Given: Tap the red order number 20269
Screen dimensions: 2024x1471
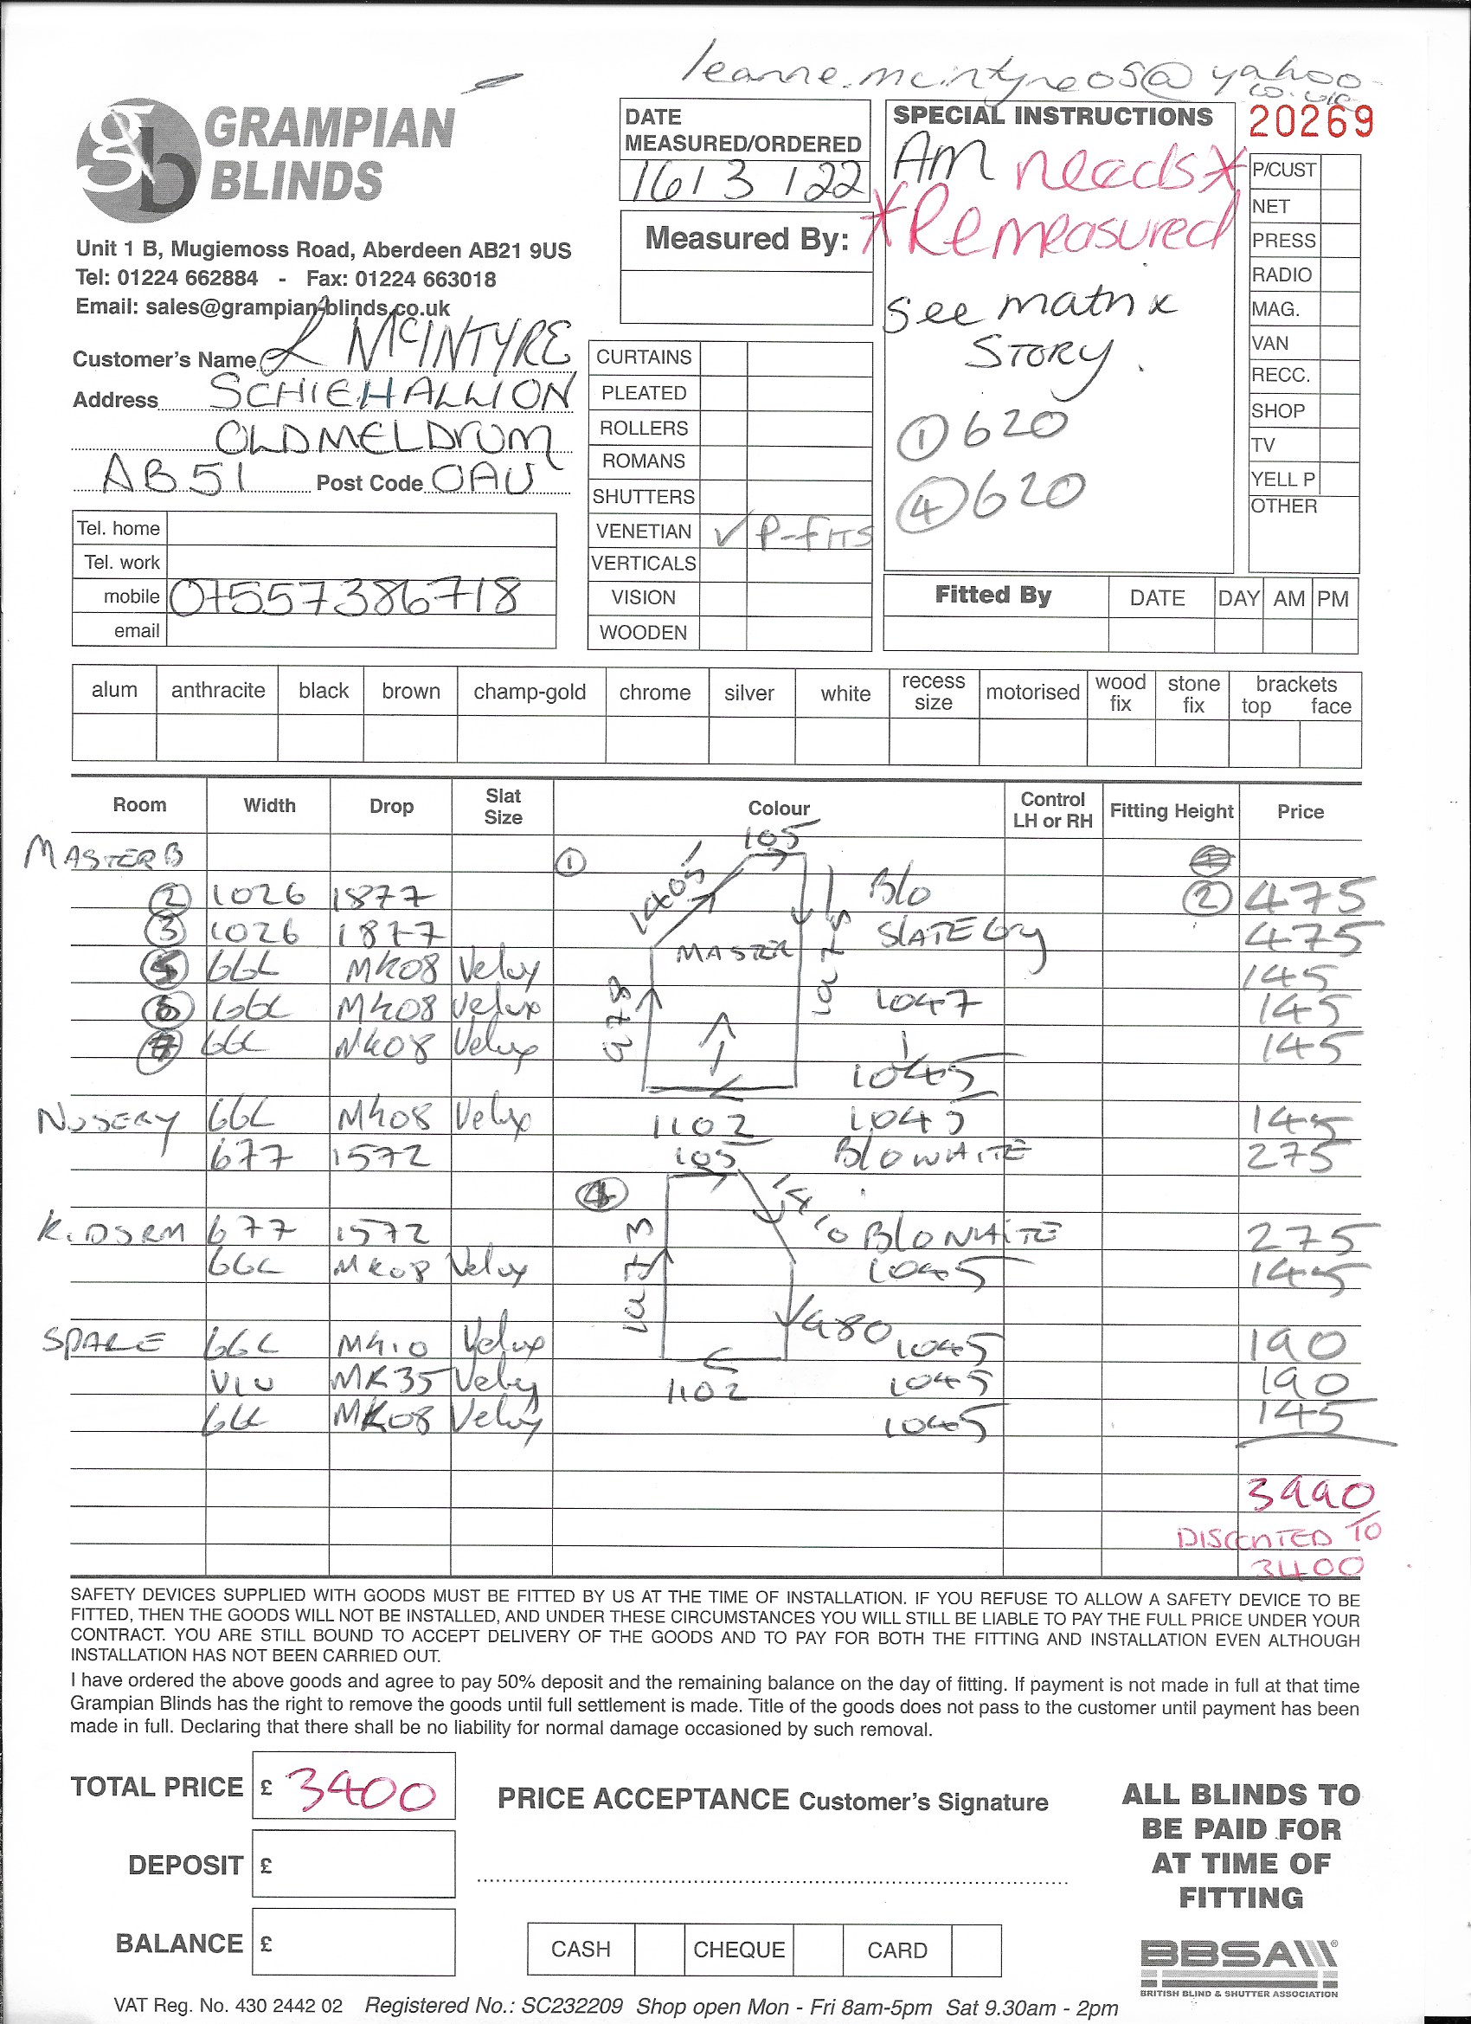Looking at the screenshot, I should [1310, 121].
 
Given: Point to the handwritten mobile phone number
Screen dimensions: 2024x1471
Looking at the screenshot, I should [344, 596].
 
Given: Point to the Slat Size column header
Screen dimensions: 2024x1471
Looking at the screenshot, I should [503, 807].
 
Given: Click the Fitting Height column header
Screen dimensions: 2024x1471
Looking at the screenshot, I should [1171, 811].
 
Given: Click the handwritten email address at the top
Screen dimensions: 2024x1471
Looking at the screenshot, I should [1026, 79].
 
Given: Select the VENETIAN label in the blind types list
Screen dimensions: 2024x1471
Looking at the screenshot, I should [643, 531].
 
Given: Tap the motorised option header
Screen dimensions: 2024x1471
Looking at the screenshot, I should [1032, 693].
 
